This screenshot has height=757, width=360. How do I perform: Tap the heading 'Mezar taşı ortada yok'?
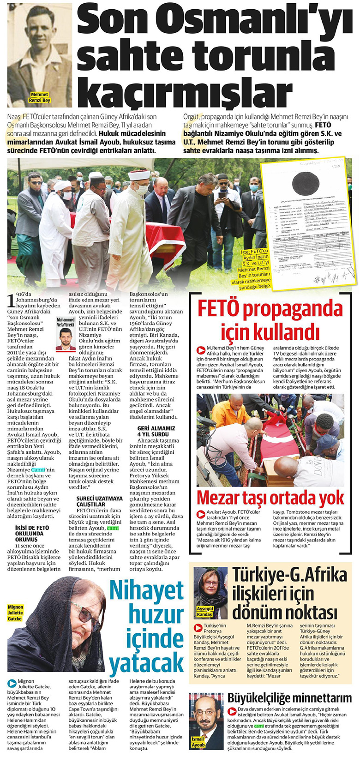click(270, 498)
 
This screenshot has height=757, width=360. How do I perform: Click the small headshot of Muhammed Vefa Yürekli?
click(65, 339)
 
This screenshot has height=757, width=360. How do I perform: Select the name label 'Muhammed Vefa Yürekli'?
click(65, 322)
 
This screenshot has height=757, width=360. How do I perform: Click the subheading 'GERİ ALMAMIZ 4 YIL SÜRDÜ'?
click(156, 431)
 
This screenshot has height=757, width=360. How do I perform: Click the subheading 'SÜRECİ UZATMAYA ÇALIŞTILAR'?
click(100, 501)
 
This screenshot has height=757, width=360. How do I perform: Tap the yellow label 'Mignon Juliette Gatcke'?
click(15, 613)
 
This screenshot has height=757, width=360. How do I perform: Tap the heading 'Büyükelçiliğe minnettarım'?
click(289, 697)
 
